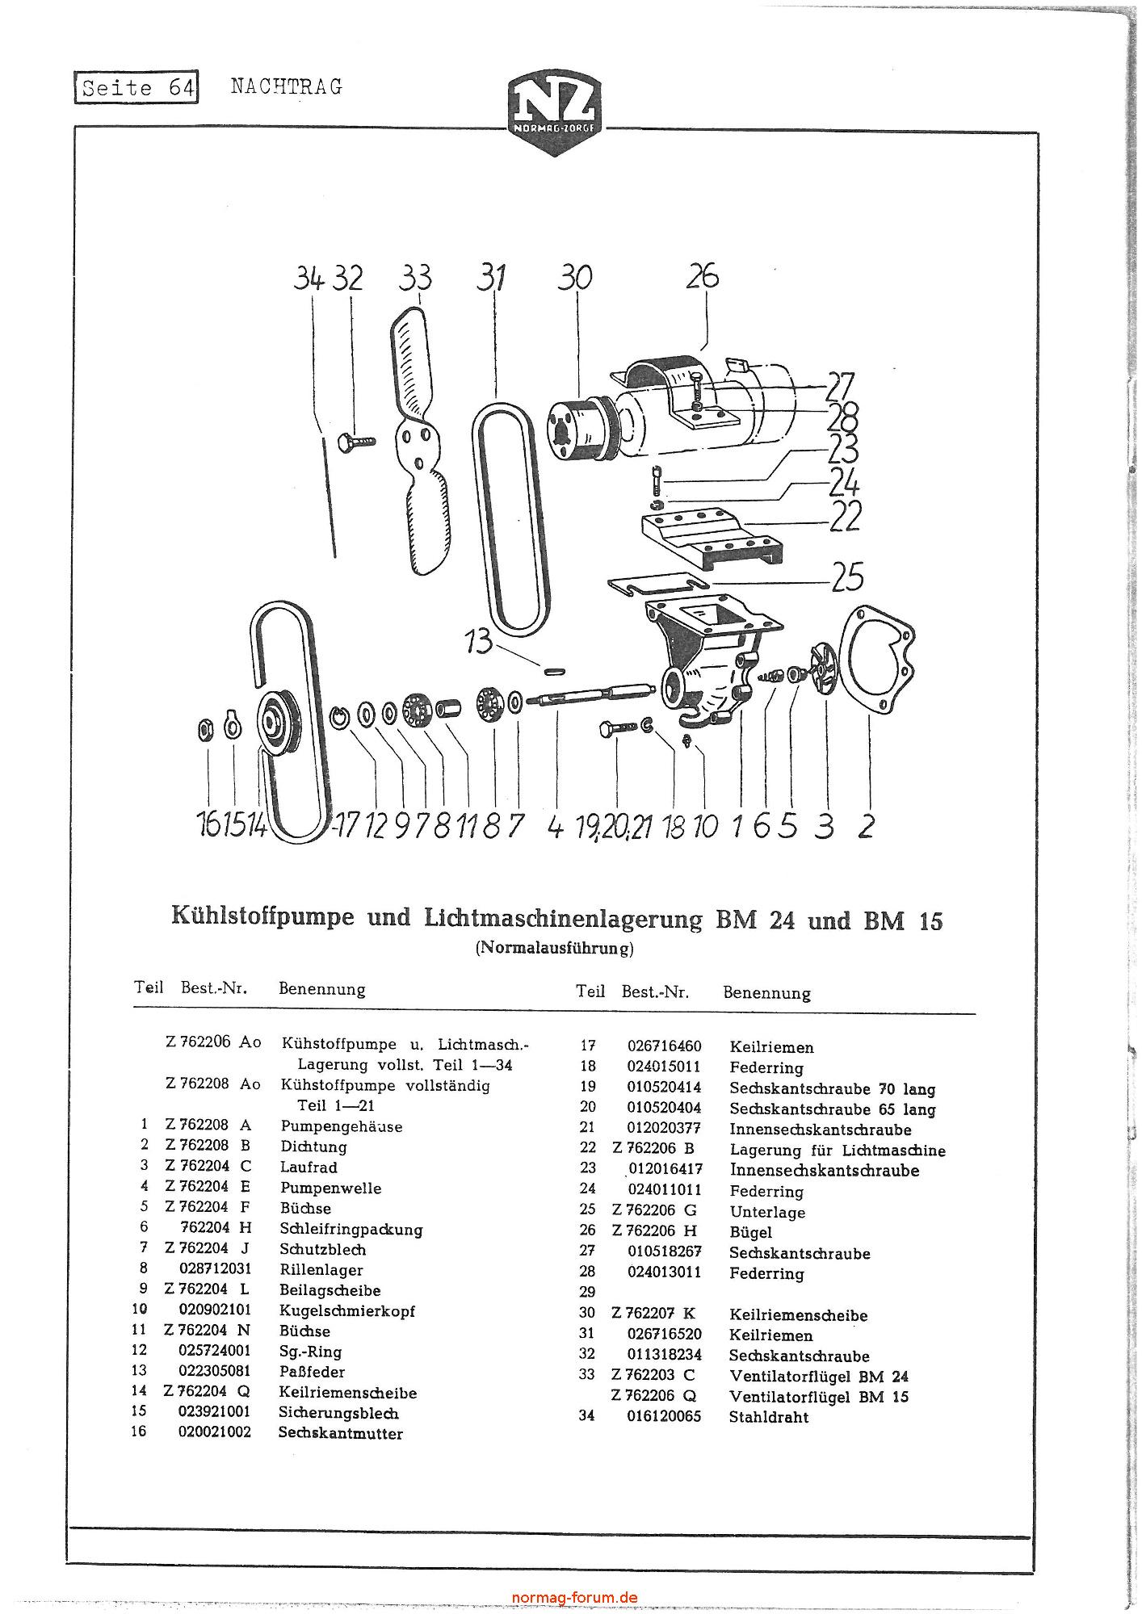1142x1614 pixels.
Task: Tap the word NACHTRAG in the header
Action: click(x=287, y=86)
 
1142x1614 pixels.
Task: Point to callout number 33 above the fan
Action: click(x=415, y=278)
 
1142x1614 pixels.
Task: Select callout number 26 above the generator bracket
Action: click(x=702, y=276)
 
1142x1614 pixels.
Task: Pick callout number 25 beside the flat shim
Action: click(x=846, y=576)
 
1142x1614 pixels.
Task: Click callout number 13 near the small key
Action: click(x=478, y=642)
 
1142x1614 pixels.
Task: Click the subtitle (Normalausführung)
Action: click(x=554, y=948)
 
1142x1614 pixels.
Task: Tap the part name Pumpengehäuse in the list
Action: click(x=341, y=1126)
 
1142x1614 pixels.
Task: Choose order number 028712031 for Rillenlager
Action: click(x=215, y=1269)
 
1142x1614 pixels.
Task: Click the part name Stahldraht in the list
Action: click(x=768, y=1417)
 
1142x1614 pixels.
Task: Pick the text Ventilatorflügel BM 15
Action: click(x=818, y=1396)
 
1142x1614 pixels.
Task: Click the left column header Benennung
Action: click(x=321, y=989)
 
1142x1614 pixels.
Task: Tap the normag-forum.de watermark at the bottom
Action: click(x=575, y=1597)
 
